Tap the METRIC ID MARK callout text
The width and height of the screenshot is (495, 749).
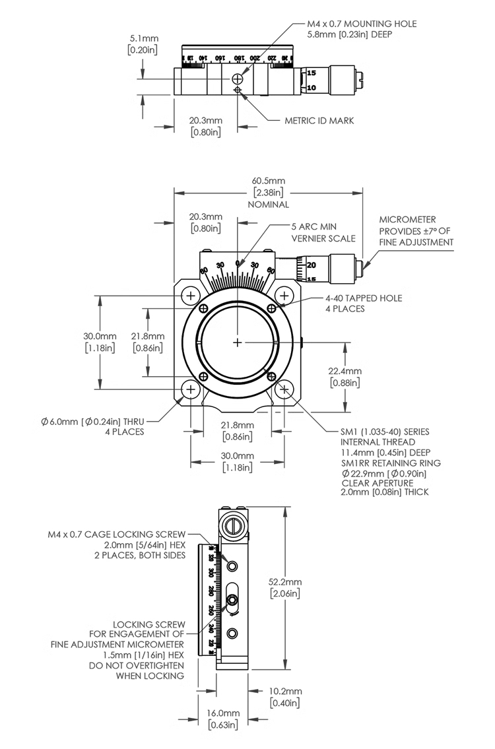click(x=319, y=121)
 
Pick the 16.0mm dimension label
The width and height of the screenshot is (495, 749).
click(x=223, y=713)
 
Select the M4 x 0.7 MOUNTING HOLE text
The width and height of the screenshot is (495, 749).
click(x=362, y=24)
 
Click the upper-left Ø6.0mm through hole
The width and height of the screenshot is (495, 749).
click(x=191, y=294)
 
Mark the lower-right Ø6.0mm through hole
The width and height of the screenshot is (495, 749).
click(x=284, y=389)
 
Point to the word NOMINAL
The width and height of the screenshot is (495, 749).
click(x=268, y=205)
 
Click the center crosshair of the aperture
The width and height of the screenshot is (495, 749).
click(x=238, y=342)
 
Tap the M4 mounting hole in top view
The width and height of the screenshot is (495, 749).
click(x=237, y=79)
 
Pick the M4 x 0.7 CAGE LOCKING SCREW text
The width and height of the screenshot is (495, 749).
click(x=116, y=534)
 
